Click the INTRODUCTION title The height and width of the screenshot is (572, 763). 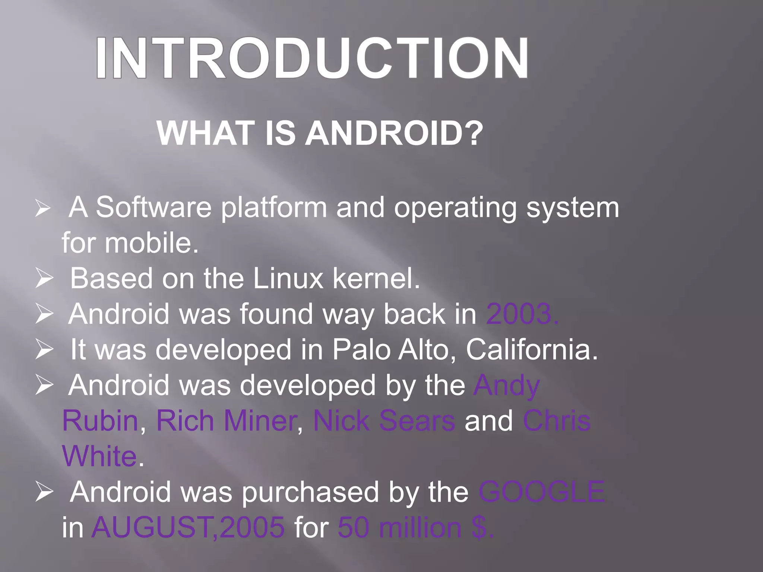point(312,58)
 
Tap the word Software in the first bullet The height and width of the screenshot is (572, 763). point(153,207)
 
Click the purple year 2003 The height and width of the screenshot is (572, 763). point(522,314)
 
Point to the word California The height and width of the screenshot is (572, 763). point(531,350)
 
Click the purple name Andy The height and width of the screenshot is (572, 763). point(506,385)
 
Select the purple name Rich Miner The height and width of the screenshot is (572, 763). point(226,421)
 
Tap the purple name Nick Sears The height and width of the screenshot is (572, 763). point(384,421)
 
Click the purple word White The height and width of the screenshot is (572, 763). point(99,456)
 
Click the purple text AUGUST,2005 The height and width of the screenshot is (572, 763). point(188,528)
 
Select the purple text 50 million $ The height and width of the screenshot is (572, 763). point(415,528)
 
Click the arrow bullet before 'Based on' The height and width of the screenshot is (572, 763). point(44,279)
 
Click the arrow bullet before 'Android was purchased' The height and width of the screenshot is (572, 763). point(44,492)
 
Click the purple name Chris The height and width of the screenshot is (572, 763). point(557,421)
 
